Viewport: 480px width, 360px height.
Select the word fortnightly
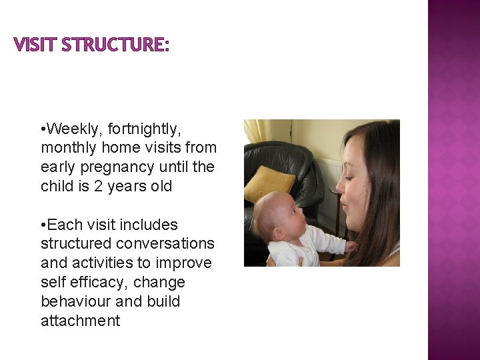(149, 128)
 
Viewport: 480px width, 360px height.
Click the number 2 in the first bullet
(99, 186)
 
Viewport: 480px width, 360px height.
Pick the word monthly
(70, 147)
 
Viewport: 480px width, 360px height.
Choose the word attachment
(81, 321)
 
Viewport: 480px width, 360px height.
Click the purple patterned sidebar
(453, 180)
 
